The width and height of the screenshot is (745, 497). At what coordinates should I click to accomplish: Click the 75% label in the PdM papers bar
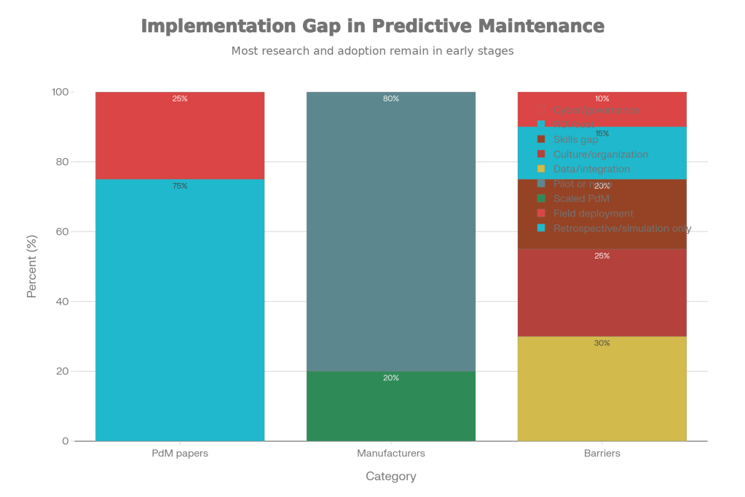coord(180,186)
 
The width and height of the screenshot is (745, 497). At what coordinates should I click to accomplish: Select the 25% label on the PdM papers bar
coord(180,98)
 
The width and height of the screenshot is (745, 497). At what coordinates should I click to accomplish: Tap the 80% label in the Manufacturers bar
coord(391,98)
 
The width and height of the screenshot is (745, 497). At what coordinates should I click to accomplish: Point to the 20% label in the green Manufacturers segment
coord(391,377)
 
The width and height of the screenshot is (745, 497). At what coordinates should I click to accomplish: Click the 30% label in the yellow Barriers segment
coord(602,343)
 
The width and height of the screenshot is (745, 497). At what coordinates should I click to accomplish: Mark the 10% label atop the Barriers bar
coord(602,98)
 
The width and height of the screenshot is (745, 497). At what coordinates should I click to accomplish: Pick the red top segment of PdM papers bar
coord(180,138)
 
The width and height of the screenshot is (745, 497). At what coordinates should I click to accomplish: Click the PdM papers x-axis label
coord(180,453)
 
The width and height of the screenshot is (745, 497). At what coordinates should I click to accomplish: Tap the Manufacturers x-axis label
coord(391,453)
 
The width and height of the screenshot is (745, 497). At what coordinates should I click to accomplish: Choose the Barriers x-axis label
coord(602,453)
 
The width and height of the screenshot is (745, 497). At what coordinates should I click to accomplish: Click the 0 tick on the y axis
coord(66,441)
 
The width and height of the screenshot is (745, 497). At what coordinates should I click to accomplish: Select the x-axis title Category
coord(391,477)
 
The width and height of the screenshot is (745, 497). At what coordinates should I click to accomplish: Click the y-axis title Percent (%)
coord(32,267)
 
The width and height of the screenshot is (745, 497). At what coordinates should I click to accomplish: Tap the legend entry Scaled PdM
coord(581,198)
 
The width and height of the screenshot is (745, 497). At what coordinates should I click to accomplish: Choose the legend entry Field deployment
coord(593,214)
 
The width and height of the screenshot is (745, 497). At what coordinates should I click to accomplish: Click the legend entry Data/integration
coord(591,169)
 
